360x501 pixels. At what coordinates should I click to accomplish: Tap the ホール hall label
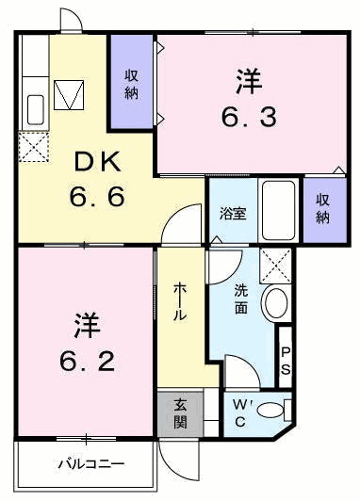(179, 304)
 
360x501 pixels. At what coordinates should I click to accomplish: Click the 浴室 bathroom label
(233, 213)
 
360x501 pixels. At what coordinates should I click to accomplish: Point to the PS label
(286, 359)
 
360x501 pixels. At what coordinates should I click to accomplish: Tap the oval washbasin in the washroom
(275, 302)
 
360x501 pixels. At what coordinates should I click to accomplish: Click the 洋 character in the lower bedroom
(82, 323)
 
